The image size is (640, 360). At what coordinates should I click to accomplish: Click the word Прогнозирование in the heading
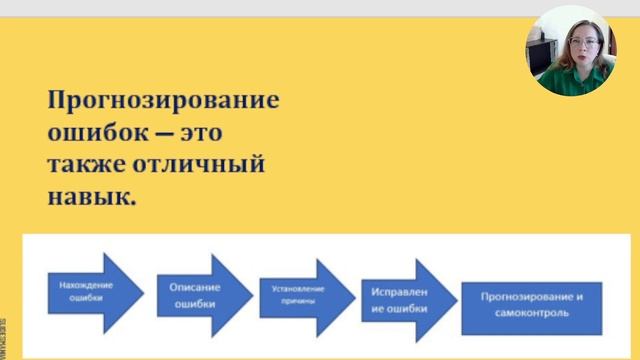pos(163,102)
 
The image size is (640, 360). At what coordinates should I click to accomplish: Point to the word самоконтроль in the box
pos(531,313)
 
